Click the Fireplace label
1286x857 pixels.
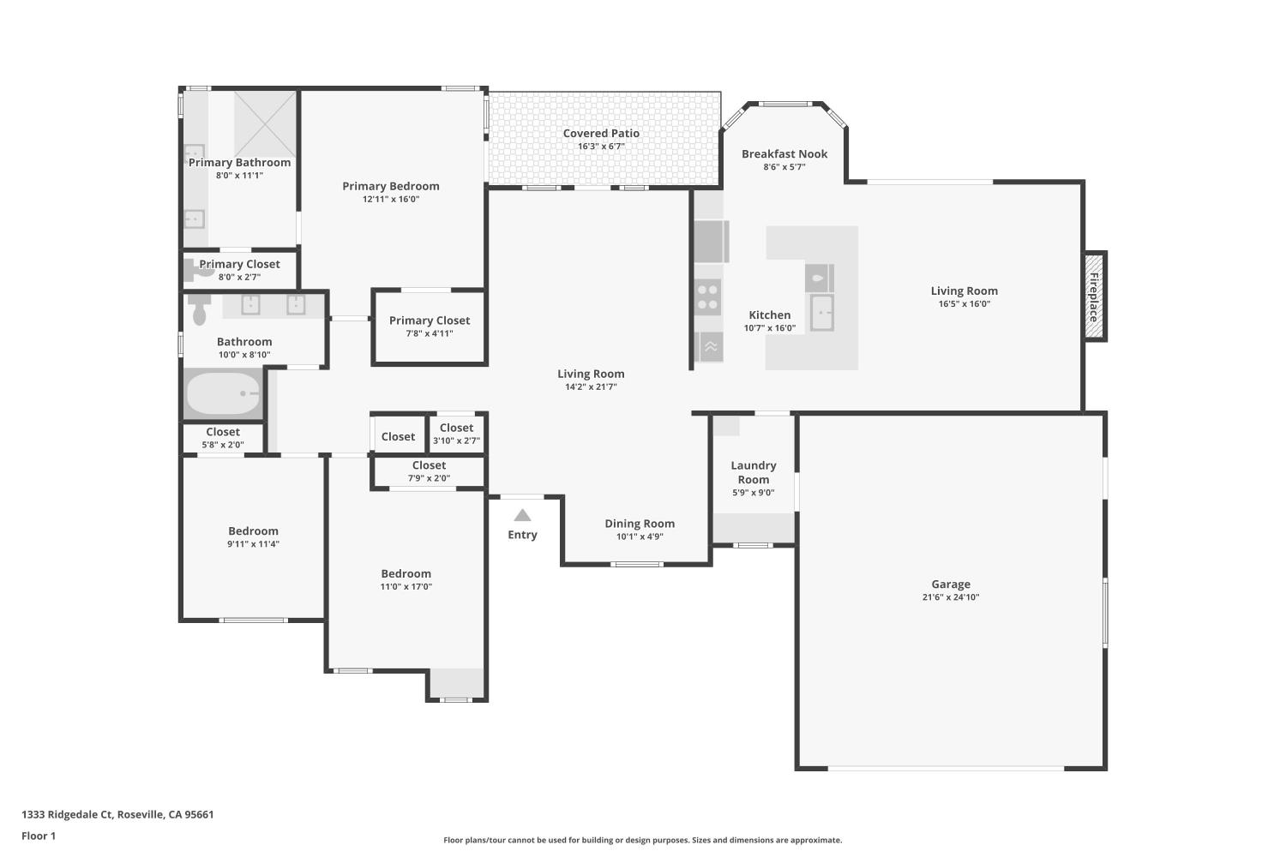tap(1094, 297)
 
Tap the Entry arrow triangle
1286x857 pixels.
tap(522, 515)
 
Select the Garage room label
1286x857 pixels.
tap(951, 584)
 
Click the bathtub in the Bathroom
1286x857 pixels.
tap(223, 393)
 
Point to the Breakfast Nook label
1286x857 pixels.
tap(784, 154)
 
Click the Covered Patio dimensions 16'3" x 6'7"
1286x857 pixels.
tap(601, 147)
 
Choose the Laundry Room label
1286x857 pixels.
tap(754, 472)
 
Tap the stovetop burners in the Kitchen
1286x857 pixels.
tap(707, 297)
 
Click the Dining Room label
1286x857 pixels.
tap(640, 524)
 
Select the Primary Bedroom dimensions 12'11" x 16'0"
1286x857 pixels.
tap(391, 199)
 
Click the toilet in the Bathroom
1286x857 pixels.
tap(199, 310)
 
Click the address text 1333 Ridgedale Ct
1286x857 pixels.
tap(67, 814)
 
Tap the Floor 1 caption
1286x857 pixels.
tap(39, 836)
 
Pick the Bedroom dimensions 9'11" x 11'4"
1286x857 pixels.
tap(253, 544)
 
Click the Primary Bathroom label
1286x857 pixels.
tap(239, 163)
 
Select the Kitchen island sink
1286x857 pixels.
tap(821, 312)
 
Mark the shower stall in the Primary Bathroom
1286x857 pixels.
tap(265, 123)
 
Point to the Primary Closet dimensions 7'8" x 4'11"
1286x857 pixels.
tap(430, 333)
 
